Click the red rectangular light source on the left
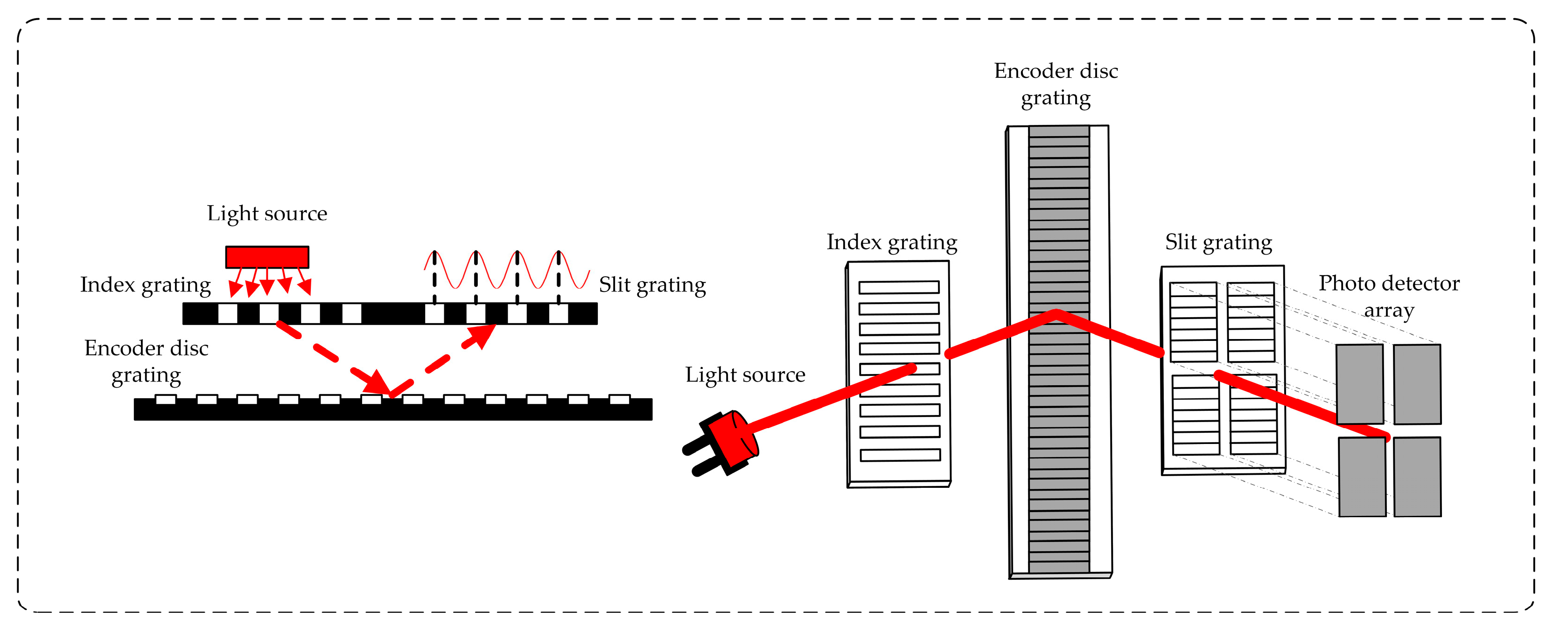(x=267, y=257)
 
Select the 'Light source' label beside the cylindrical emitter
(x=745, y=375)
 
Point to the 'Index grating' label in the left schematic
(x=145, y=285)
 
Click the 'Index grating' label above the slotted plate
(x=892, y=242)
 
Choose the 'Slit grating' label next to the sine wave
(x=652, y=285)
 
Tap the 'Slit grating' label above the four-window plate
(x=1218, y=242)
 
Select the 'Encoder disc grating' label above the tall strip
(x=1056, y=84)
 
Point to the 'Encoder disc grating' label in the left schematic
(x=147, y=361)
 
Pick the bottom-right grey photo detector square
(x=1417, y=477)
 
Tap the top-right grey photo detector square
(x=1417, y=384)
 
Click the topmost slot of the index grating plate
(x=899, y=287)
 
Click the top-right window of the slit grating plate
(x=1251, y=322)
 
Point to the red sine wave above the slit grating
(x=506, y=270)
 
